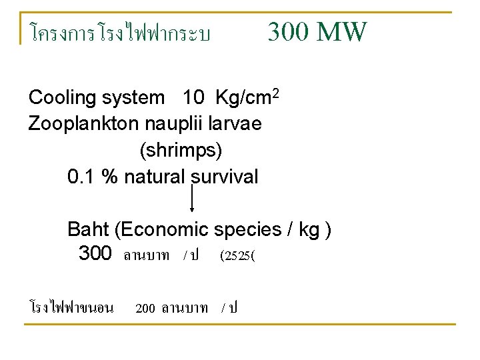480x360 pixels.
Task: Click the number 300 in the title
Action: (289, 31)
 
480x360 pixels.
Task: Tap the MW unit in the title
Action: (341, 31)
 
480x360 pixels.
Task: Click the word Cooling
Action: (63, 98)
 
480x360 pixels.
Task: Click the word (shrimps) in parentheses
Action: (181, 151)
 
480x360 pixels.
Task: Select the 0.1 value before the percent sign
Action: (81, 177)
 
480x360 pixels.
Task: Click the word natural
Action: (153, 177)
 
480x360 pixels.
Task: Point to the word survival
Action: (224, 177)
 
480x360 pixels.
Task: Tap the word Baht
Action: (89, 230)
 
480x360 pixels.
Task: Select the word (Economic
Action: (162, 230)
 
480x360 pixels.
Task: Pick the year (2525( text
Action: (237, 255)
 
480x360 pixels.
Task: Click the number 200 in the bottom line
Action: (145, 308)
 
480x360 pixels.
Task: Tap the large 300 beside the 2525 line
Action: (95, 253)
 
